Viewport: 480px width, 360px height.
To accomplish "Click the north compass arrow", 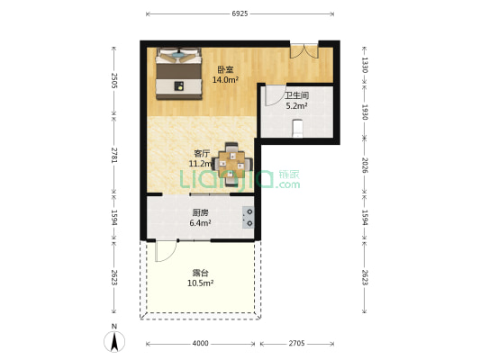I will pyautogui.click(x=114, y=340).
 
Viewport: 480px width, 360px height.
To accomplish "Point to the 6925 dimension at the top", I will pyautogui.click(x=240, y=14).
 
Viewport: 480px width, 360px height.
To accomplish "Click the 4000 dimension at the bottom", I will pyautogui.click(x=200, y=343).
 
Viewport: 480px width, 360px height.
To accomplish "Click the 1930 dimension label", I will pyautogui.click(x=365, y=111).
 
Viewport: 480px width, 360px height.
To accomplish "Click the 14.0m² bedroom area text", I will pyautogui.click(x=225, y=80).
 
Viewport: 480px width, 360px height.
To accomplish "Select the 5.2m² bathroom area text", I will pyautogui.click(x=297, y=105).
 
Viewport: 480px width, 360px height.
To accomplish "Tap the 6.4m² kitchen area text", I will pyautogui.click(x=200, y=222).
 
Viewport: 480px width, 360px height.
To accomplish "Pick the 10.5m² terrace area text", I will pyautogui.click(x=200, y=283).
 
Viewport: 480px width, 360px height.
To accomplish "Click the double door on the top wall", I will pyautogui.click(x=303, y=50).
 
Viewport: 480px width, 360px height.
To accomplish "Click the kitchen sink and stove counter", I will pyautogui.click(x=247, y=218).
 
